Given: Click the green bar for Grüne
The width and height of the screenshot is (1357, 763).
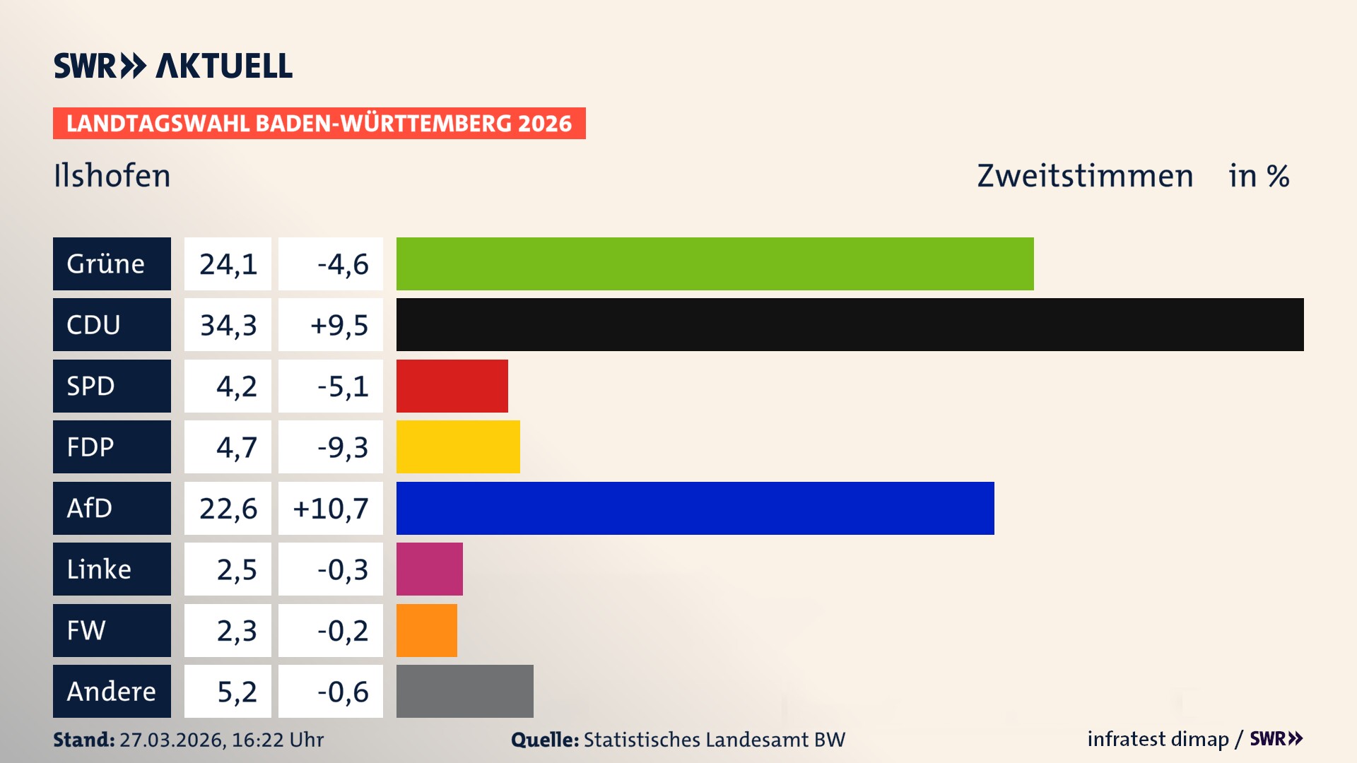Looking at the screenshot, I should [715, 264].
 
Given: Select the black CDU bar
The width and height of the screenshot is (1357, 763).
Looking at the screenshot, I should [850, 324].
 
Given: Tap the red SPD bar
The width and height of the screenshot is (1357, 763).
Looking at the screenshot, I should [452, 386].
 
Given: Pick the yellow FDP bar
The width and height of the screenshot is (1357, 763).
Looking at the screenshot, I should [458, 446].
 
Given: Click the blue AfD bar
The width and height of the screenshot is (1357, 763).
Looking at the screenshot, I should [695, 508].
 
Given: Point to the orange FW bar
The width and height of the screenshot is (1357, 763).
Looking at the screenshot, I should [426, 630].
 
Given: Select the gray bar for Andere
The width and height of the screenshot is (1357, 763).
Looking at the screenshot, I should [464, 691].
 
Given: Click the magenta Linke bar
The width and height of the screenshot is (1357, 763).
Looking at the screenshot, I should [429, 569].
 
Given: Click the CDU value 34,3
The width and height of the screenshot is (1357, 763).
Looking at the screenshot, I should [228, 325].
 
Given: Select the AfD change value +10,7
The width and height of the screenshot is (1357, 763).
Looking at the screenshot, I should [331, 508].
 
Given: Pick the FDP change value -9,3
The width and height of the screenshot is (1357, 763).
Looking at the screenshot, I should [342, 447].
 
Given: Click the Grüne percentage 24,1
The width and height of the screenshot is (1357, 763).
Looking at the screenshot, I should [228, 264].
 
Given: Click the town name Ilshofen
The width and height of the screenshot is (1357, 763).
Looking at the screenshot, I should [112, 176].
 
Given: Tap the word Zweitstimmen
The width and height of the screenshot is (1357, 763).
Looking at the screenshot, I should [1085, 176].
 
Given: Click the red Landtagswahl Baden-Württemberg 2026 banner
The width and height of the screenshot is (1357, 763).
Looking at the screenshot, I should [319, 123].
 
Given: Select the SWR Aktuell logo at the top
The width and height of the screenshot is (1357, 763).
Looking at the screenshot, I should [172, 66].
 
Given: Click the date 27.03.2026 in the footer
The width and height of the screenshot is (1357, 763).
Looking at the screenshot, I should [172, 740].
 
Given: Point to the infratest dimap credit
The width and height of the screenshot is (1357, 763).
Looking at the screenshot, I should [1158, 739].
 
